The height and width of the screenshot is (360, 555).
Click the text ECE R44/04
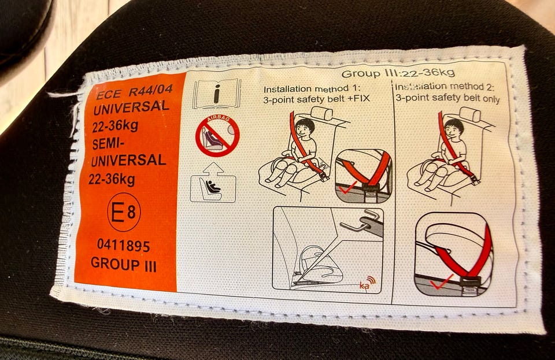(x=135, y=92)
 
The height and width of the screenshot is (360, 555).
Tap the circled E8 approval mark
(x=124, y=212)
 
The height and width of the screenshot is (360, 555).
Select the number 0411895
(x=124, y=246)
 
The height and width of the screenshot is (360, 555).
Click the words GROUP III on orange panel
(x=124, y=264)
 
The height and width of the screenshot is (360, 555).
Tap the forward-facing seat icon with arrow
(x=213, y=183)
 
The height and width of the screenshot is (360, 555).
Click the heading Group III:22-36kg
(x=398, y=73)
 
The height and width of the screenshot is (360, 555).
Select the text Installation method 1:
(x=312, y=88)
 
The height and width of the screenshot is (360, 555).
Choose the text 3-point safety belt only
(x=447, y=98)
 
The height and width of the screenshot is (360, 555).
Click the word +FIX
(x=358, y=98)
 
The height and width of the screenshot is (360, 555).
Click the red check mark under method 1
(x=348, y=189)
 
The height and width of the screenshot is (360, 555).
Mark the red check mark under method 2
(x=441, y=282)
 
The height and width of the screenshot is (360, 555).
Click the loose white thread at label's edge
(x=62, y=94)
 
